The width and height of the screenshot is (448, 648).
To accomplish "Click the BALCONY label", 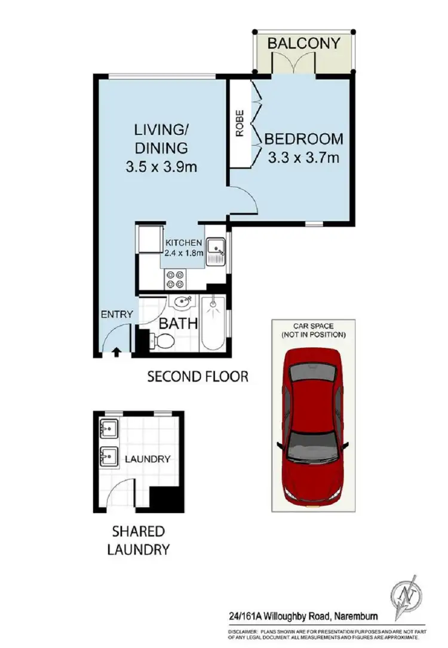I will pos(304,44).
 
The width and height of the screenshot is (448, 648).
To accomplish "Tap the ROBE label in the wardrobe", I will pos(240,127).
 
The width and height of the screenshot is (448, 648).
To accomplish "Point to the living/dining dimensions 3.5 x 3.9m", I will pos(161,167).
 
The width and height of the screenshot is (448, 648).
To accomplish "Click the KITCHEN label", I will pos(185,243).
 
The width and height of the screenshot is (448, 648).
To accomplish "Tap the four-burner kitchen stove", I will pos(174,279).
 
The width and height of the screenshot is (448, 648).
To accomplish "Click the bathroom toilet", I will pos(162,341).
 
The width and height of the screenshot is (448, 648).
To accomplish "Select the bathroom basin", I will pos(182,304).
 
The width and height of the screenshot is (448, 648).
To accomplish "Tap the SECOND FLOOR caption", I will pos(197,377).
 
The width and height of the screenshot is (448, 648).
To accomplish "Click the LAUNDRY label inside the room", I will pos(148,459).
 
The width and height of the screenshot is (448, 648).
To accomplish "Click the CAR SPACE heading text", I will pos(314,326).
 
